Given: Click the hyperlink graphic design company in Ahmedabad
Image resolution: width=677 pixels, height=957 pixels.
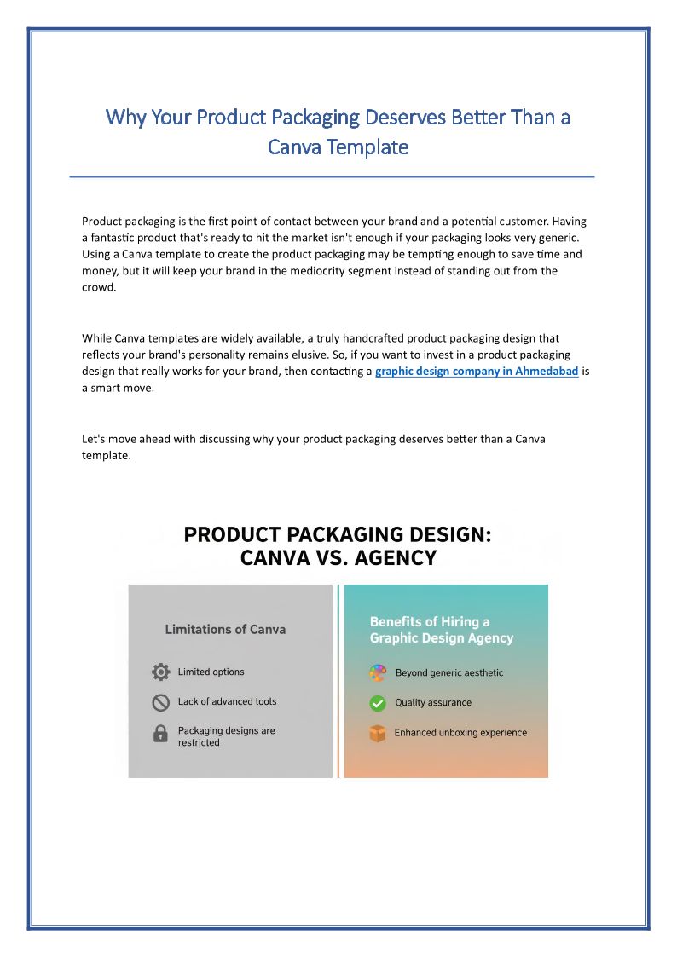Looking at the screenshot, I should point(477,372).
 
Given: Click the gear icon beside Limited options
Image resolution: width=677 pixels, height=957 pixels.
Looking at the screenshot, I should point(160,672).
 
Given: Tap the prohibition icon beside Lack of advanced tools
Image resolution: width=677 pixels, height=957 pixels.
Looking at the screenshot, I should point(160,702).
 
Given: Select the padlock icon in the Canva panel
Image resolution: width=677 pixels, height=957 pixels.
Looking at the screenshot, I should point(160,734).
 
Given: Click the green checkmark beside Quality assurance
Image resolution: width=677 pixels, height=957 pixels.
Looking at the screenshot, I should point(378,703).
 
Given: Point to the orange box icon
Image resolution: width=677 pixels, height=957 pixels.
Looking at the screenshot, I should point(378,733).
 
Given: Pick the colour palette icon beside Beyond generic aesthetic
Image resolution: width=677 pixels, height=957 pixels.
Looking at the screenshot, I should point(378,673).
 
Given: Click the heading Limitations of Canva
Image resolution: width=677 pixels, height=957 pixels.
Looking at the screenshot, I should point(225,630).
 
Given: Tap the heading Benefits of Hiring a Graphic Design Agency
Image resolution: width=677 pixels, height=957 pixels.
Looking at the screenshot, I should point(441,630).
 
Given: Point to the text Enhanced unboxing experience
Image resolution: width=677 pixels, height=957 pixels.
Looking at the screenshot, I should point(460,733).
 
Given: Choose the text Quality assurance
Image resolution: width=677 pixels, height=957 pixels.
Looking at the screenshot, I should point(433,703).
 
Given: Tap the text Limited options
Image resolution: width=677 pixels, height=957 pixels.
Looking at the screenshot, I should point(211,672).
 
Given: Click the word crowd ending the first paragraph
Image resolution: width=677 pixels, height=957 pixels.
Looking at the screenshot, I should point(98,288).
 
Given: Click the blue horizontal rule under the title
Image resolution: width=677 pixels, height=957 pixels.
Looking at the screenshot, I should point(332,176).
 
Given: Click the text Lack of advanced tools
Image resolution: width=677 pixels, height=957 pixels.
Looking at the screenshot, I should point(227,702).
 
